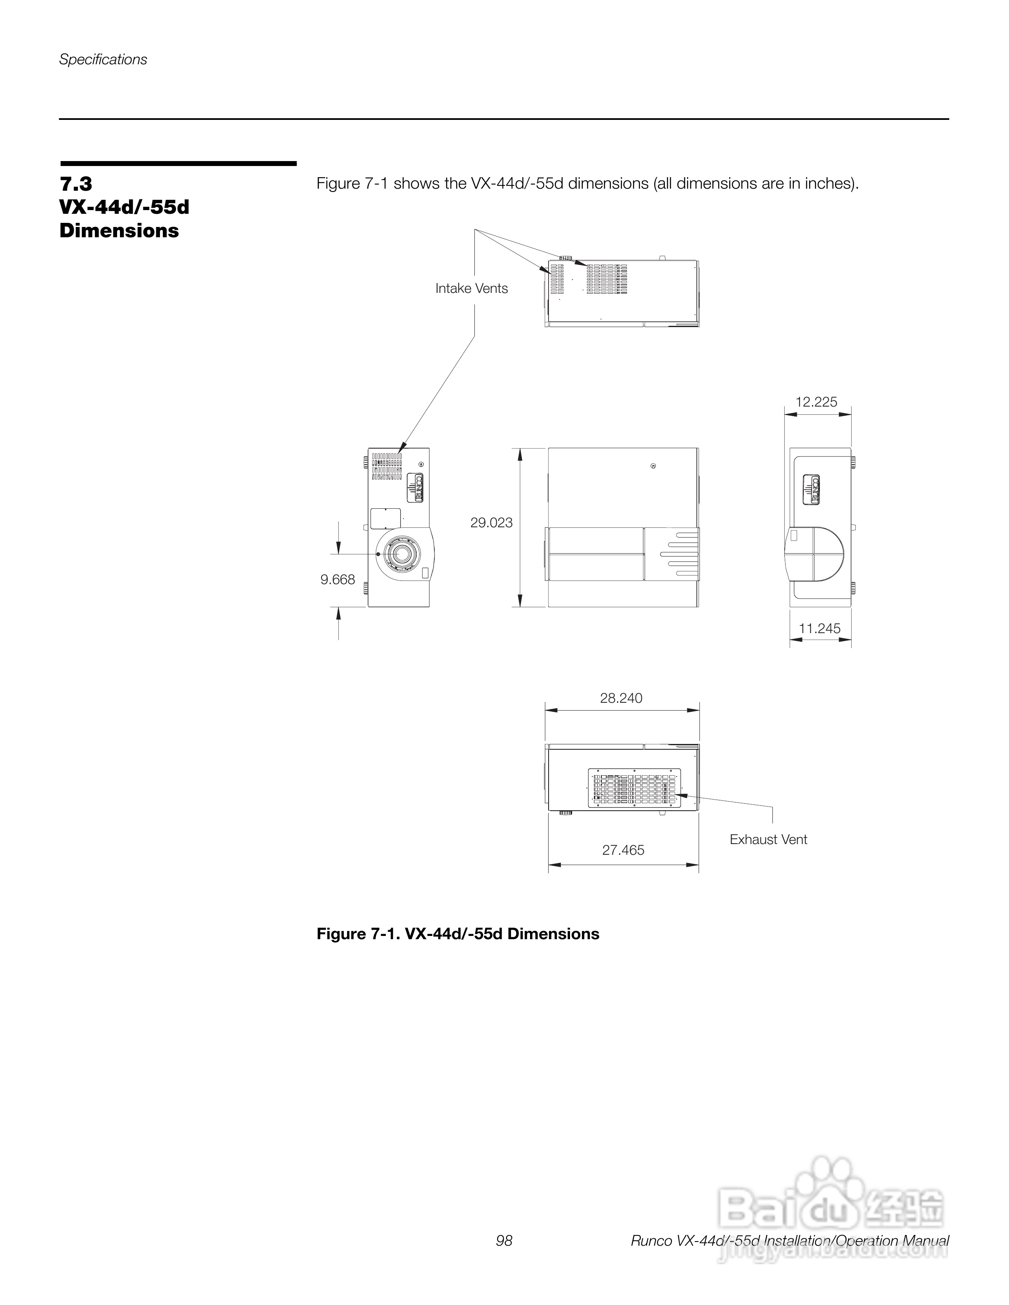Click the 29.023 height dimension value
491,523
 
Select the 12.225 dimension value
816,402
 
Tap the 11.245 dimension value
819,628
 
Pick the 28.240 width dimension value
621,698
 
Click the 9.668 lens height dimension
338,579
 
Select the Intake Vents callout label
472,289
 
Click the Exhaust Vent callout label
768,840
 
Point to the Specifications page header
103,60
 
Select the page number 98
504,1241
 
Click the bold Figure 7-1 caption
458,934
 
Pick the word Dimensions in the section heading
119,231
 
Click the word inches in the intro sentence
828,183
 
